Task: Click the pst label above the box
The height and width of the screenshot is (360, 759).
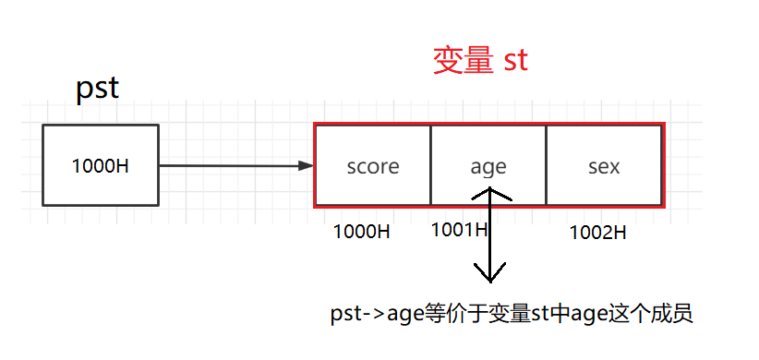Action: [97, 89]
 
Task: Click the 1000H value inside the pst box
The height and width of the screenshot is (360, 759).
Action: [100, 167]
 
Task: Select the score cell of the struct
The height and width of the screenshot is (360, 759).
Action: [373, 167]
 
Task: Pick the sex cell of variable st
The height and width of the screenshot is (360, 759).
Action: [604, 167]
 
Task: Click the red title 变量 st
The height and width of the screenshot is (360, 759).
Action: [480, 61]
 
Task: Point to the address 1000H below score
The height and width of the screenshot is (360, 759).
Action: [362, 232]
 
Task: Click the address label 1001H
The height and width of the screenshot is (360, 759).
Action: [459, 230]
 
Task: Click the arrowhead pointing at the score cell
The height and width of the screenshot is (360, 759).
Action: [307, 166]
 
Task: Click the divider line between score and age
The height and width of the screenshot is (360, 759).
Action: [431, 165]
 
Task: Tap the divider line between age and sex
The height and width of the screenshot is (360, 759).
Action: [546, 165]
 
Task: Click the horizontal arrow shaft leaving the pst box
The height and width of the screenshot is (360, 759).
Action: [231, 166]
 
